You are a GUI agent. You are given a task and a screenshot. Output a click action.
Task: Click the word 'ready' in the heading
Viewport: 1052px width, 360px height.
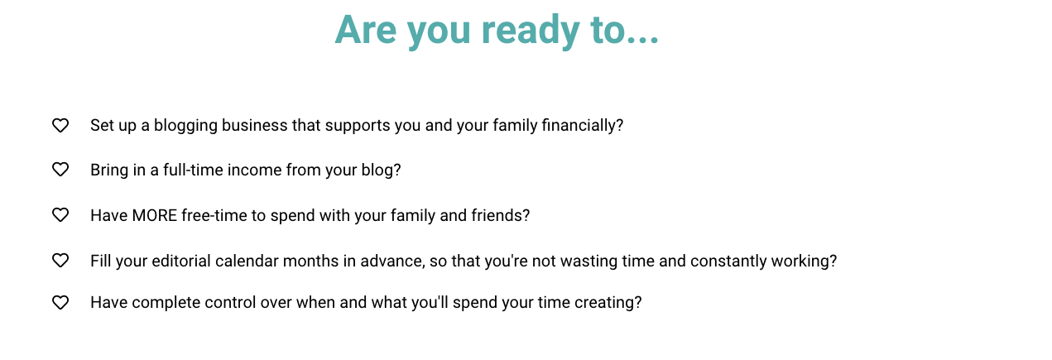(531, 31)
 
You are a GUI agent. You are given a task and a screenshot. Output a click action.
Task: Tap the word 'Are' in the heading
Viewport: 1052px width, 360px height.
(366, 30)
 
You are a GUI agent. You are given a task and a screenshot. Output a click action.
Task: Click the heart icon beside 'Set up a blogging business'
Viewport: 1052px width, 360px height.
(60, 125)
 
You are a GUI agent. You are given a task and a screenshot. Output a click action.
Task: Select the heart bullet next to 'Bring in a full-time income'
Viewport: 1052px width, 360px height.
(60, 170)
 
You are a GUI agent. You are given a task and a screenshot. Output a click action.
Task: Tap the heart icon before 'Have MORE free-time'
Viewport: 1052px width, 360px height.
(60, 215)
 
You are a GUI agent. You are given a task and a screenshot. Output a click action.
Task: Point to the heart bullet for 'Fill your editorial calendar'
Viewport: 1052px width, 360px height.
(60, 261)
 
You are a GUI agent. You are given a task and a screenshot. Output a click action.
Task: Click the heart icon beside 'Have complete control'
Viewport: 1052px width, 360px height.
(60, 302)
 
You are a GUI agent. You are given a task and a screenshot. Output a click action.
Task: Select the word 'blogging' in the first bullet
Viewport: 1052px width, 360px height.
(185, 126)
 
